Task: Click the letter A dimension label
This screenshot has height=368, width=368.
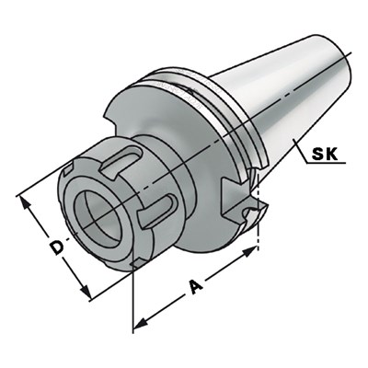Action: click(196, 287)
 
